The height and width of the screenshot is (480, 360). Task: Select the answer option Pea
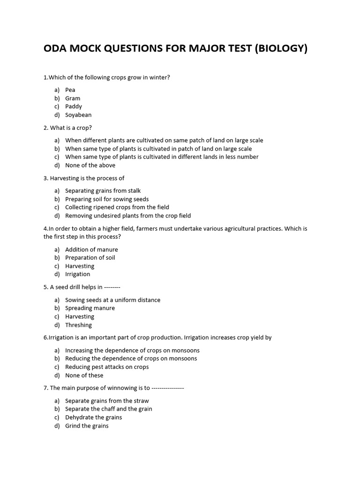click(x=70, y=90)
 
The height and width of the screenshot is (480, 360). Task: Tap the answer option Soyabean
click(x=78, y=115)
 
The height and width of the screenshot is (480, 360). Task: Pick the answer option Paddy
click(x=74, y=106)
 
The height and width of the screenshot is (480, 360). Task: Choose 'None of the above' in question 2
click(x=90, y=165)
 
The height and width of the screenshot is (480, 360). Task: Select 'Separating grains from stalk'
click(x=103, y=191)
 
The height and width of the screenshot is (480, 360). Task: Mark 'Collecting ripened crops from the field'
click(x=117, y=207)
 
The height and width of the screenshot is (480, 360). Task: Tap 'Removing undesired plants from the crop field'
click(x=128, y=216)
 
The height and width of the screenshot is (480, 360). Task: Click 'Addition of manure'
click(x=91, y=249)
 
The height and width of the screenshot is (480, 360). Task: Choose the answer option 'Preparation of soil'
click(x=90, y=258)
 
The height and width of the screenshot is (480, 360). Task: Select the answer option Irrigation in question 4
click(x=77, y=274)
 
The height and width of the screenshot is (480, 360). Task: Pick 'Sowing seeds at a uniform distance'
click(x=112, y=300)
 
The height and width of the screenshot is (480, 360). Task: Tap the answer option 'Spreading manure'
click(x=90, y=308)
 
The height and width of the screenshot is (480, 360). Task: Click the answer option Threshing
click(x=78, y=325)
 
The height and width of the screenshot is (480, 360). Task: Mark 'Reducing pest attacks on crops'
click(x=107, y=367)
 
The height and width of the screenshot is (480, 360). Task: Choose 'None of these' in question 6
click(x=84, y=375)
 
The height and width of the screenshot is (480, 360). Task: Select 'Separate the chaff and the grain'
click(x=108, y=409)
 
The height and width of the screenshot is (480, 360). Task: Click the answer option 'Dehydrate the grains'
click(x=93, y=417)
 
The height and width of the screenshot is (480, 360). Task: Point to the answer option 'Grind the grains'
click(x=87, y=426)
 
